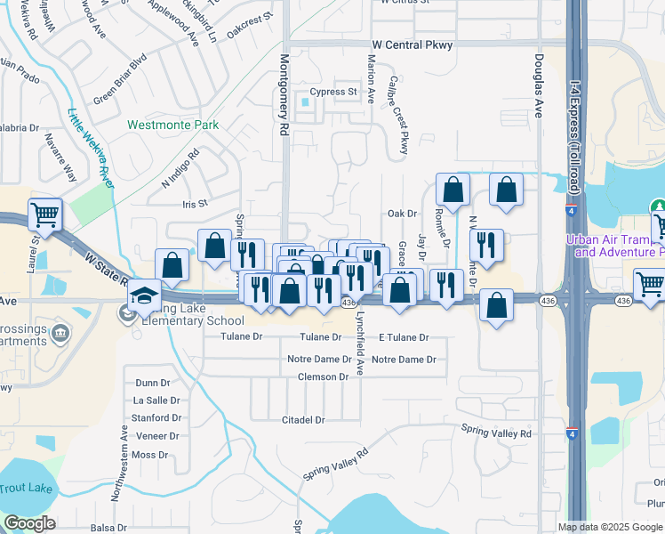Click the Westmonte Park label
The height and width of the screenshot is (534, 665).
click(172, 125)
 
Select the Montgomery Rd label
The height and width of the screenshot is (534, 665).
click(284, 94)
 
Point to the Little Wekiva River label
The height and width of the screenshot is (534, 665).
click(90, 147)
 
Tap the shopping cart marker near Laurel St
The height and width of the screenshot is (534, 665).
click(44, 214)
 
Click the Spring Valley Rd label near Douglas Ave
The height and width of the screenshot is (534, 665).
click(496, 433)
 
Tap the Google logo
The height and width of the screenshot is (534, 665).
click(29, 523)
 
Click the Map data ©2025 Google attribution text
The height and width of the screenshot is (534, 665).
click(609, 527)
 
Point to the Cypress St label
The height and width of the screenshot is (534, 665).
click(332, 92)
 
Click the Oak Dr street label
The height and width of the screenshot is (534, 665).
click(402, 214)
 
